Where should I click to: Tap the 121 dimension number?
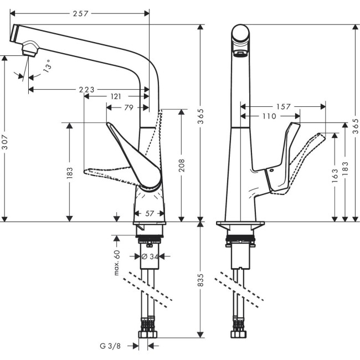(x=116, y=96)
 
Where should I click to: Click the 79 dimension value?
(x=128, y=107)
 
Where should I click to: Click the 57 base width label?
(x=149, y=213)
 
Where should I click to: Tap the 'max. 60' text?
(x=117, y=263)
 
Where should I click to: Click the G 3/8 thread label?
(x=111, y=346)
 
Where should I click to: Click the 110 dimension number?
(x=269, y=116)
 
